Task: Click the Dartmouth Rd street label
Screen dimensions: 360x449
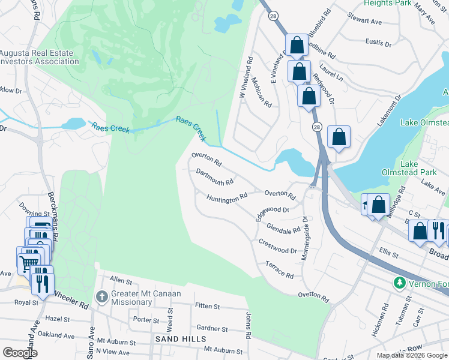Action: tap(214, 176)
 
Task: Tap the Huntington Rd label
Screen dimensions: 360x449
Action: tap(228, 197)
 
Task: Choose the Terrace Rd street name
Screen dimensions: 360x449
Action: tap(279, 270)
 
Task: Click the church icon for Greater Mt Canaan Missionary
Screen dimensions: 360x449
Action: tap(102, 296)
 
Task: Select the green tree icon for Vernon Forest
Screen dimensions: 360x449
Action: tap(399, 282)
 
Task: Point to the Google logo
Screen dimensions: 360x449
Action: tap(20, 353)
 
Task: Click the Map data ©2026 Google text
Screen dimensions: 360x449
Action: tap(412, 355)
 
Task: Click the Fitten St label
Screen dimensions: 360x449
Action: tap(208, 306)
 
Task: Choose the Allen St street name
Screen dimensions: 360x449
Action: tap(121, 281)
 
